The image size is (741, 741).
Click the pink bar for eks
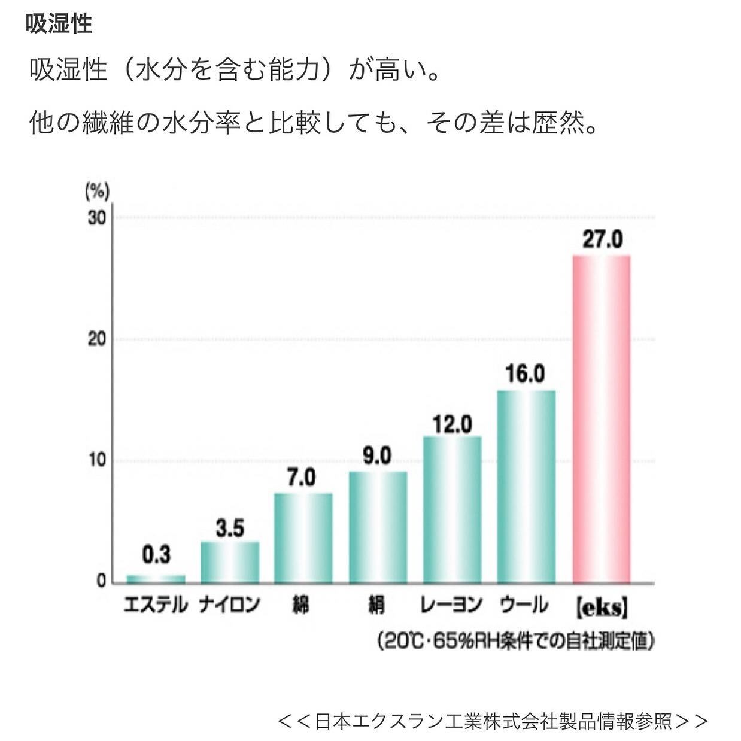[x=602, y=419]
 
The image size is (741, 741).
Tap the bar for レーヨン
[x=452, y=509]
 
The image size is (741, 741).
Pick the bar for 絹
[x=378, y=527]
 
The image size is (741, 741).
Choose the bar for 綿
[x=303, y=538]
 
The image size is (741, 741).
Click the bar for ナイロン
[x=230, y=562]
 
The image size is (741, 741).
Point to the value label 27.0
[x=602, y=239]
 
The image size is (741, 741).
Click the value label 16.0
[x=525, y=374]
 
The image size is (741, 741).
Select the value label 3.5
[x=230, y=529]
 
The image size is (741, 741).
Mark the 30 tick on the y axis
[x=96, y=217]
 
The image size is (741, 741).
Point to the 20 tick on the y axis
[x=96, y=339]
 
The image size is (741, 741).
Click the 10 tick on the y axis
[x=96, y=461]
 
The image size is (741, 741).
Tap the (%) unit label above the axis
[x=97, y=192]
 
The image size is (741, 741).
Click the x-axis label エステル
[x=156, y=605]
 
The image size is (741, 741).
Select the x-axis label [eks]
[x=602, y=606]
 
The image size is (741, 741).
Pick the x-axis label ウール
[x=524, y=605]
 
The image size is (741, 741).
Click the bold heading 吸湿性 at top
[x=59, y=24]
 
